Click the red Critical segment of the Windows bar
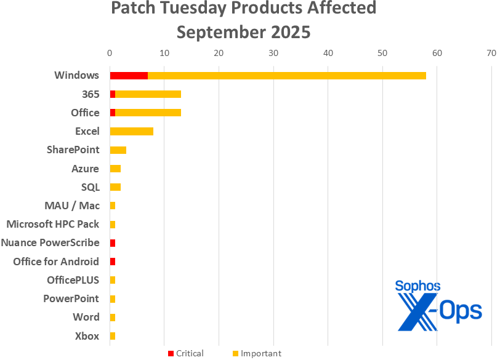129,76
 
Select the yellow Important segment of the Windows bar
287,76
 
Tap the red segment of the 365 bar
113,94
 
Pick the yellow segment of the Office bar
148,113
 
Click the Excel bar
131,131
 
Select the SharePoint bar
118,150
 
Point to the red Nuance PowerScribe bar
113,243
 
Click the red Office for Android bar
113,262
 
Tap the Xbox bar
113,336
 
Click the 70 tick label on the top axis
491,54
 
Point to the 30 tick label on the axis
273,54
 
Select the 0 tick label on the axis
110,54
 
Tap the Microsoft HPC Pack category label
52,224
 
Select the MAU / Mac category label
71,206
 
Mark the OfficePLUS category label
73,280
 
